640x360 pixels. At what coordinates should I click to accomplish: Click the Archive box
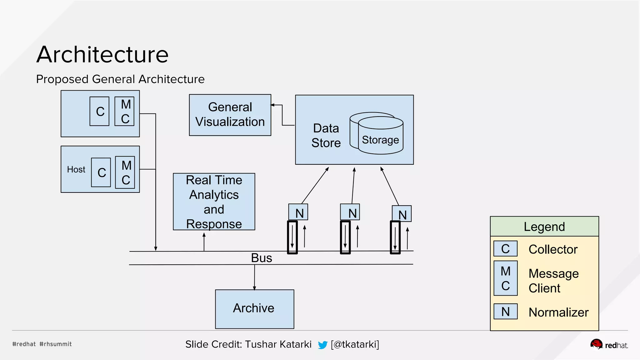tap(254, 309)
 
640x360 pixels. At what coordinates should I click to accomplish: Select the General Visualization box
tap(230, 115)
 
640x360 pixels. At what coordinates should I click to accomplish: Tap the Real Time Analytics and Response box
tap(214, 202)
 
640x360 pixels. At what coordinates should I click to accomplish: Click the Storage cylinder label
tap(380, 140)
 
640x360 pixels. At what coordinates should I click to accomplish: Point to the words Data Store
tap(326, 135)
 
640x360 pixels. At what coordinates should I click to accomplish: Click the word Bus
tap(262, 258)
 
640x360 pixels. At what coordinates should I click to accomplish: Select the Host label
tap(76, 169)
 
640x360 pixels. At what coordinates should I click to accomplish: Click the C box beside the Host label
tap(101, 172)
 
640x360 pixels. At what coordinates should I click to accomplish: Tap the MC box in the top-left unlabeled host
tap(124, 111)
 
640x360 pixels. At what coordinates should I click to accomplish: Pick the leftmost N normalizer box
tap(298, 212)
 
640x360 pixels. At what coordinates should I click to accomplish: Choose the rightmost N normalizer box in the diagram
tap(402, 214)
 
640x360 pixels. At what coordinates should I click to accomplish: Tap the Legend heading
tap(544, 227)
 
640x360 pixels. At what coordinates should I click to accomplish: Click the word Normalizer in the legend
tap(558, 312)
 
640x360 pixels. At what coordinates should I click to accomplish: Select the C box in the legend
tap(505, 249)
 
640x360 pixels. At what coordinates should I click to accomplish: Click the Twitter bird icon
tap(322, 345)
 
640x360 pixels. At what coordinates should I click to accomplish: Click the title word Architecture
tap(102, 55)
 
